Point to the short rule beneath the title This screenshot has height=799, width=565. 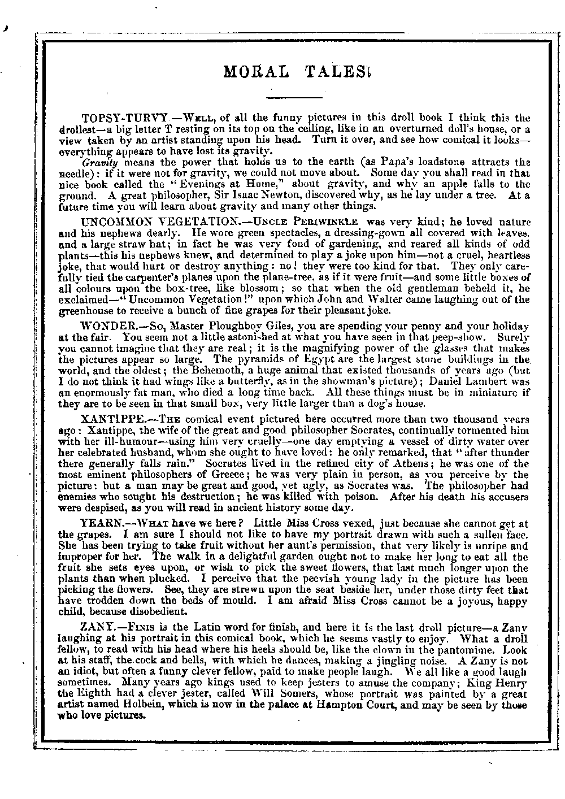click(293, 98)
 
